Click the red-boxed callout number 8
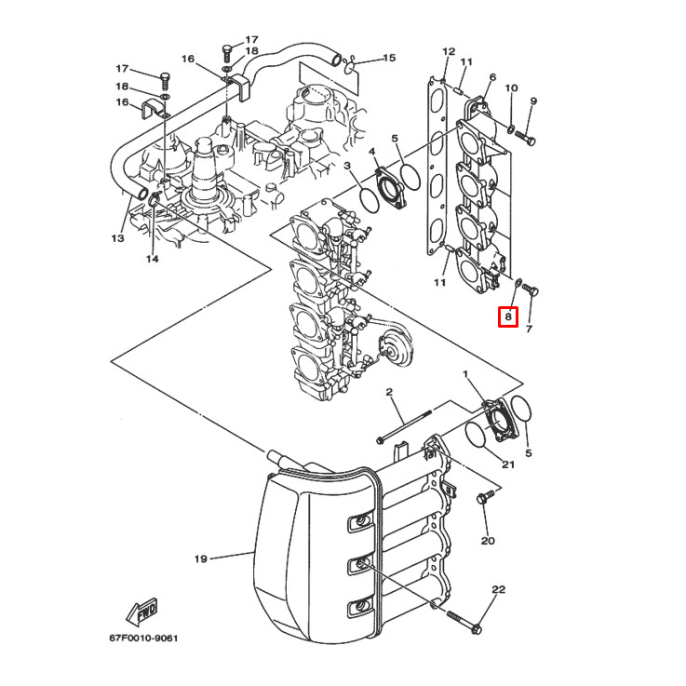point(507,317)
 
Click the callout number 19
point(200,559)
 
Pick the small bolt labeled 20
point(483,499)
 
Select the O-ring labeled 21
point(476,435)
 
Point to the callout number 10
point(511,87)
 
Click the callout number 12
point(449,51)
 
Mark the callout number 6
point(492,77)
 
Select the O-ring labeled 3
point(369,199)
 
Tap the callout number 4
point(371,151)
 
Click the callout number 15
point(388,58)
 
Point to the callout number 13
point(117,238)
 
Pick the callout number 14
point(152,259)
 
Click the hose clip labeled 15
point(347,64)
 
